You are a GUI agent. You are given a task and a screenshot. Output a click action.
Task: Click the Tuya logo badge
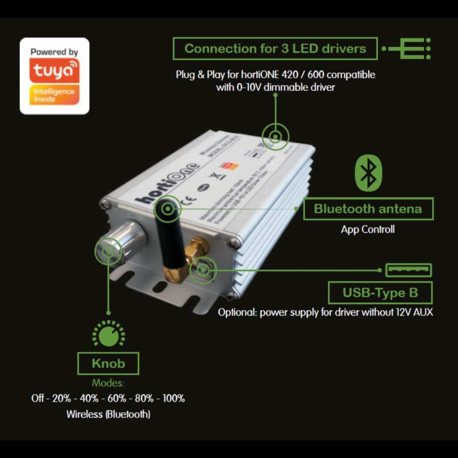pos(55,76)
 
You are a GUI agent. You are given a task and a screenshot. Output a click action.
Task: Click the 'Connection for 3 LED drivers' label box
pos(275,49)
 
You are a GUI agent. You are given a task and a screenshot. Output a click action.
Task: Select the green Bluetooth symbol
pos(369,174)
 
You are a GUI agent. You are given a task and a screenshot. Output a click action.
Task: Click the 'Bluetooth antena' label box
pos(368,209)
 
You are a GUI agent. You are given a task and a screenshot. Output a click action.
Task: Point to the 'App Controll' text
pos(368,230)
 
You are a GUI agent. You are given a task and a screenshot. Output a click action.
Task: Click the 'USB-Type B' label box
pos(380,293)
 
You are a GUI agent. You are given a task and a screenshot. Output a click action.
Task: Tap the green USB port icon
pos(408,270)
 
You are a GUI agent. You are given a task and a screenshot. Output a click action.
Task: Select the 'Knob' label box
pos(108,363)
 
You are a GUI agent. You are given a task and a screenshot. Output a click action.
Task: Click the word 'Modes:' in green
pos(108,383)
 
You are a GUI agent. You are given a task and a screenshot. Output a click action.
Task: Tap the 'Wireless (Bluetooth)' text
pos(108,414)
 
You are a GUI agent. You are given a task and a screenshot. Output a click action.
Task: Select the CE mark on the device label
pos(189,197)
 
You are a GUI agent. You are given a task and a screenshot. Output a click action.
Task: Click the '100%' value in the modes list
pos(173,398)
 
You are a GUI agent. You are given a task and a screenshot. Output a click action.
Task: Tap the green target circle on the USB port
pos(204,270)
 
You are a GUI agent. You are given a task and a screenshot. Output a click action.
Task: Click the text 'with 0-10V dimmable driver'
pos(275,87)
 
